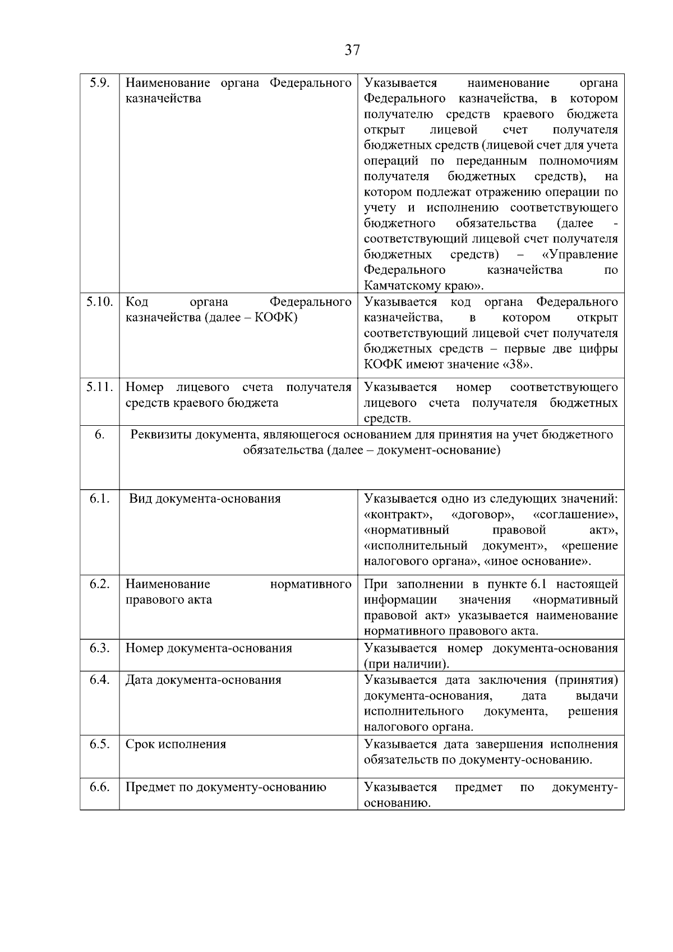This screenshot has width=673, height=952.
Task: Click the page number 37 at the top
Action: [x=352, y=50]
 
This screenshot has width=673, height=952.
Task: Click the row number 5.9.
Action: [x=99, y=83]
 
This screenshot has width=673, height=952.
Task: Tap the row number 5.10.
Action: [x=99, y=302]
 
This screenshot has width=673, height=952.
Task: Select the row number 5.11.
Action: [x=99, y=387]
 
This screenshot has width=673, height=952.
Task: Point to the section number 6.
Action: [x=99, y=435]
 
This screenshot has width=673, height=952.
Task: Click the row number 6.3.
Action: [x=99, y=648]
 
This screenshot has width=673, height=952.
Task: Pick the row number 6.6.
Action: [x=99, y=787]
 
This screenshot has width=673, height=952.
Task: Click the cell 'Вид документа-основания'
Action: [x=205, y=499]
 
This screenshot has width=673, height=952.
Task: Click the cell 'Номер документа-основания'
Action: [x=209, y=648]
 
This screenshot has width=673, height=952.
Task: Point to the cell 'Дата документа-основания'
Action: [x=203, y=680]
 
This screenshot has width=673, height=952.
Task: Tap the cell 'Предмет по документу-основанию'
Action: [x=225, y=787]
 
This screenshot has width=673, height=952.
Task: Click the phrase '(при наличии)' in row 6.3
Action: [x=406, y=664]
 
